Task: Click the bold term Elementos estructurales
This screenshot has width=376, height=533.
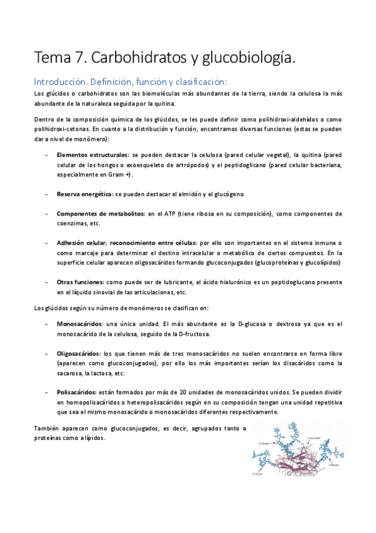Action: tap(94, 153)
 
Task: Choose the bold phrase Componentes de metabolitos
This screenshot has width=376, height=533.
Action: tap(101, 214)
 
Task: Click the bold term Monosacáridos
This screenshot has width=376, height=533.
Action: tap(80, 323)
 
